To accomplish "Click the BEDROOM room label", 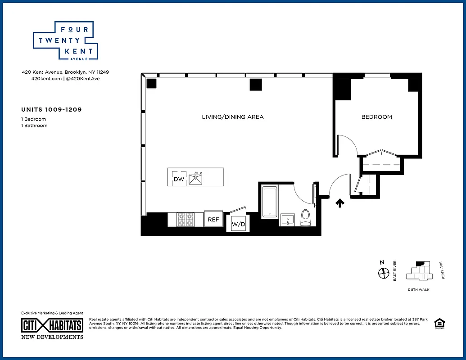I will coord(376,117).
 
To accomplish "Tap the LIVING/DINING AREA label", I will coord(233,117).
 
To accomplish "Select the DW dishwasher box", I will coord(179,179).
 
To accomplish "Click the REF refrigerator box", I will coord(213,220).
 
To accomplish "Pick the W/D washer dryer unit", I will coord(239,224).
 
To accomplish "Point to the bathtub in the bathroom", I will coord(270,202).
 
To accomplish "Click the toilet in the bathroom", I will coord(306,217).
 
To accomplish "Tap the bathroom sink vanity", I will coord(288,220).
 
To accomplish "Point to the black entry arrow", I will coord(340,203).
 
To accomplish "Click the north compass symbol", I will coord(384,272).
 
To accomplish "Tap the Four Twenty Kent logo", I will coord(66,40).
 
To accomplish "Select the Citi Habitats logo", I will coord(52,325).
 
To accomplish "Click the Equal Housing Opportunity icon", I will coord(438,323).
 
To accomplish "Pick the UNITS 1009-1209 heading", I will coord(51,109).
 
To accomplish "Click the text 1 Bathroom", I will coord(34,126).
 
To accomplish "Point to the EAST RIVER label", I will coord(395,271).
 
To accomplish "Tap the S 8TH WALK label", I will coord(418,289).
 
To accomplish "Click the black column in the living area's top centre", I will coord(256,85).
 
